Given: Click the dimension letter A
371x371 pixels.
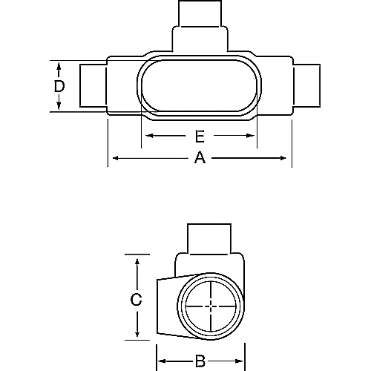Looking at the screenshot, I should [199, 157].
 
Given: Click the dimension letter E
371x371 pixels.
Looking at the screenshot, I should [199, 137].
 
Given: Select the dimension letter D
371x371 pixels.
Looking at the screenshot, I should [59, 86].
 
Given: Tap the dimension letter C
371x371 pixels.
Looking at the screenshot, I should [136, 300].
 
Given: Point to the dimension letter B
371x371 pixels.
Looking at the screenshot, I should [199, 362].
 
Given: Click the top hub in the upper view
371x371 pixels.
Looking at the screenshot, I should [200, 15].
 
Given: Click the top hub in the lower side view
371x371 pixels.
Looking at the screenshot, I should [211, 237].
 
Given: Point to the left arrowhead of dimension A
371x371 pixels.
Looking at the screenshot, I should [114, 157].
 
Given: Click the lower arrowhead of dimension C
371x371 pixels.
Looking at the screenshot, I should [136, 336].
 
